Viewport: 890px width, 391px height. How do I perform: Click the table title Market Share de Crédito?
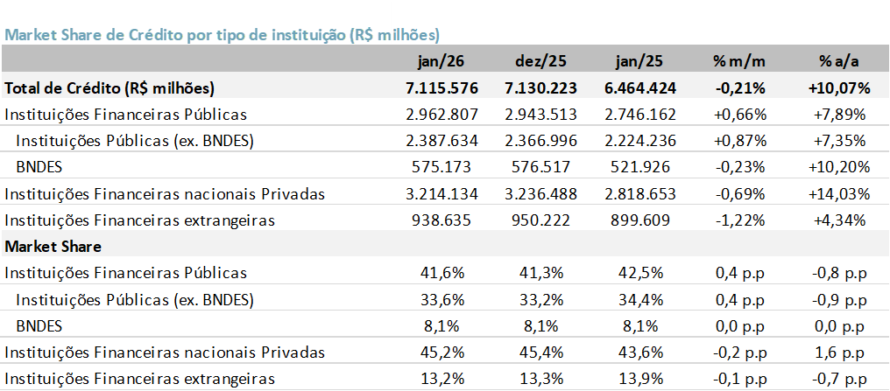point(222,35)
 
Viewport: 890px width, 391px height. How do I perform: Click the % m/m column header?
point(739,62)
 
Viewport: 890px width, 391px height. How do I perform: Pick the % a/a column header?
point(837,62)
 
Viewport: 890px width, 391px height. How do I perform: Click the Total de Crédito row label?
point(109,87)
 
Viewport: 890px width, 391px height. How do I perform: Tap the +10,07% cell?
point(837,87)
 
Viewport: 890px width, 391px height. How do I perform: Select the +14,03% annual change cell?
point(837,193)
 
